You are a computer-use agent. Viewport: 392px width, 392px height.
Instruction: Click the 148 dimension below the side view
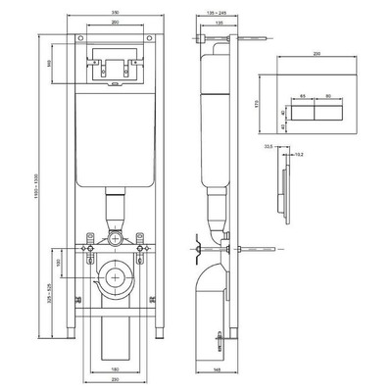tap(214, 369)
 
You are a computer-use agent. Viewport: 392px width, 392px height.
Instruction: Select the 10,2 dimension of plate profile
tap(300, 154)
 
